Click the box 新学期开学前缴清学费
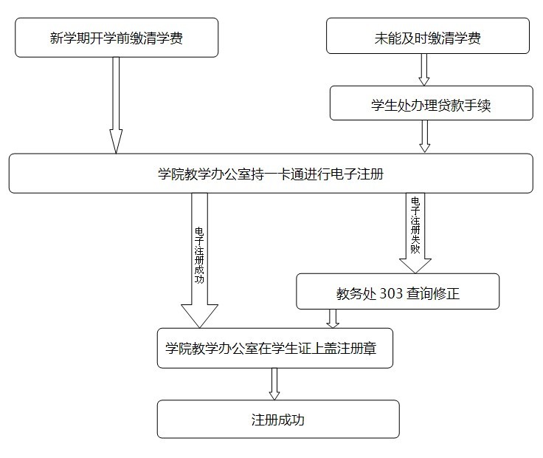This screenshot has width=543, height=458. pos(117,38)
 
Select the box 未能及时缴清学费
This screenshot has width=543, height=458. pos(428,35)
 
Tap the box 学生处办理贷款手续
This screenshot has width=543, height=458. pos(431,103)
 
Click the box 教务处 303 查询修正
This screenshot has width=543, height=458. pos(398,291)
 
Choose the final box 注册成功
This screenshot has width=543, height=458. pos(278,419)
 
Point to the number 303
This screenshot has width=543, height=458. pos(391,293)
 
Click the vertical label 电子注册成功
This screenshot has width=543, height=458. pos(199,255)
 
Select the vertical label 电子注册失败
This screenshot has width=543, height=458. pos(415,225)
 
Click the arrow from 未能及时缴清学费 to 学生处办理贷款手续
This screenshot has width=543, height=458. pos(424,69)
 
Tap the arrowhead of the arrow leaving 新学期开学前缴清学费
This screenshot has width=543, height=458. pos(116,141)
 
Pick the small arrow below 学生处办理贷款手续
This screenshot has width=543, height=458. pos(424,136)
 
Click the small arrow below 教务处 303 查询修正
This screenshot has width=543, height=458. pos(333,318)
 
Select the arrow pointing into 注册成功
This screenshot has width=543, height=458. pos(274,384)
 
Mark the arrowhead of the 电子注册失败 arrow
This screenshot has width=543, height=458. pos(415,266)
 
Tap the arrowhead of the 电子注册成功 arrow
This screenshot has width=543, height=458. pos(199,316)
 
